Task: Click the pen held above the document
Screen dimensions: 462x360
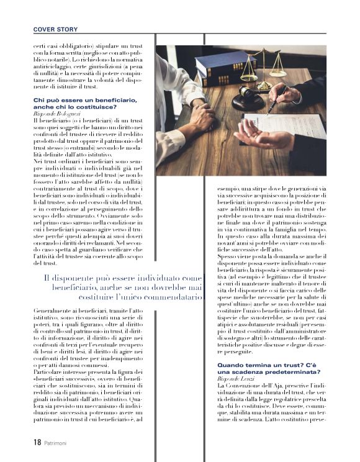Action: pos(277,100)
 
